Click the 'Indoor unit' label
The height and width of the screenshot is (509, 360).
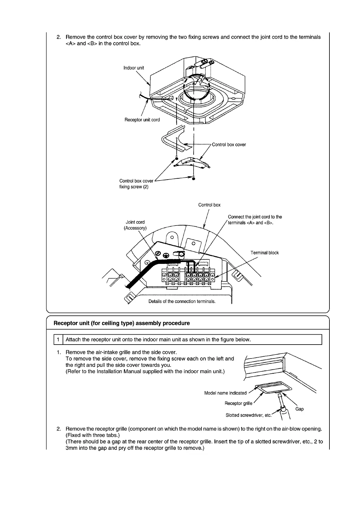[x=134, y=68]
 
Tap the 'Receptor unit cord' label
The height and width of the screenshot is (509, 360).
[x=142, y=120]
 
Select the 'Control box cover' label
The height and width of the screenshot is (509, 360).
[x=229, y=144]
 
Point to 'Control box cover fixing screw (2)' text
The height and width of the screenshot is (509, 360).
[x=136, y=184]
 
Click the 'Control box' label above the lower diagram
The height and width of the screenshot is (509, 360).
[x=209, y=205]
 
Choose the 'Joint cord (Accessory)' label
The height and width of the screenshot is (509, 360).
[x=135, y=225]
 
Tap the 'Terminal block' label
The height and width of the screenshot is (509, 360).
[x=264, y=253]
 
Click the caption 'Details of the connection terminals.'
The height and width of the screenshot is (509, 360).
[x=182, y=301]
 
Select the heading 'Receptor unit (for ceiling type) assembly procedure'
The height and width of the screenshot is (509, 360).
[x=122, y=323]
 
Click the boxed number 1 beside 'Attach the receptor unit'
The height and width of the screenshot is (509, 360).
[x=58, y=339]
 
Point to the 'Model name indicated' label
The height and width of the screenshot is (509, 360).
[x=225, y=393]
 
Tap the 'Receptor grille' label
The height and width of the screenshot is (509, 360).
[x=238, y=403]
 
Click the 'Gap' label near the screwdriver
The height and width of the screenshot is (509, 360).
[x=299, y=409]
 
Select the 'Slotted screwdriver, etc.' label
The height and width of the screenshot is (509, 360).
[x=249, y=415]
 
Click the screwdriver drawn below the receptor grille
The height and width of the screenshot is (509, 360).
[x=283, y=407]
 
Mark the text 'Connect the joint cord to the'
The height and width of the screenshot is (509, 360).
[x=255, y=217]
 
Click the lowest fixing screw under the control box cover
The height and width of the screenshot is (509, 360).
[x=193, y=178]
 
